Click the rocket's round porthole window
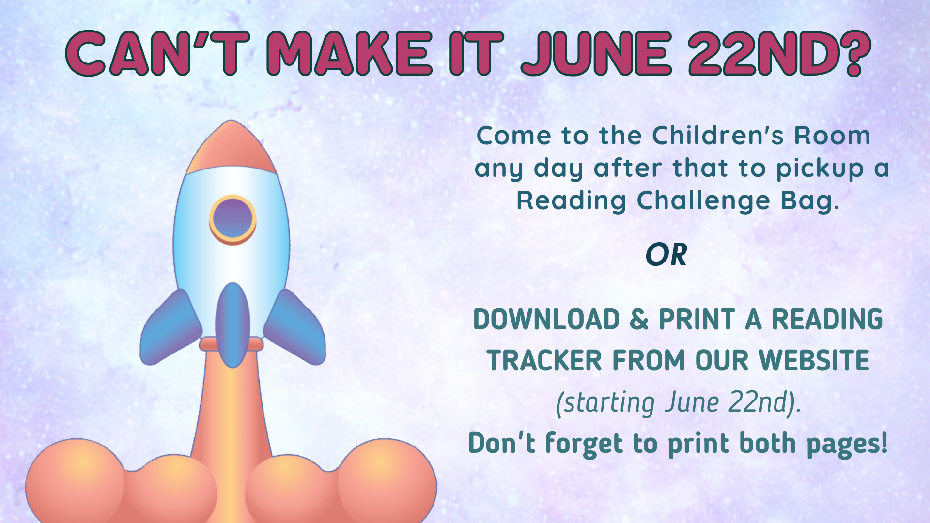[x=232, y=219]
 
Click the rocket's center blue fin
[x=233, y=325]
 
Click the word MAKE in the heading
[x=350, y=53]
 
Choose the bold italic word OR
[x=666, y=255]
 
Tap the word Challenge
[x=703, y=200]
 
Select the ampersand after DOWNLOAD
[x=639, y=320]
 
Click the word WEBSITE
[x=814, y=361]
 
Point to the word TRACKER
[x=544, y=361]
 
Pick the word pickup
[x=820, y=169]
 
